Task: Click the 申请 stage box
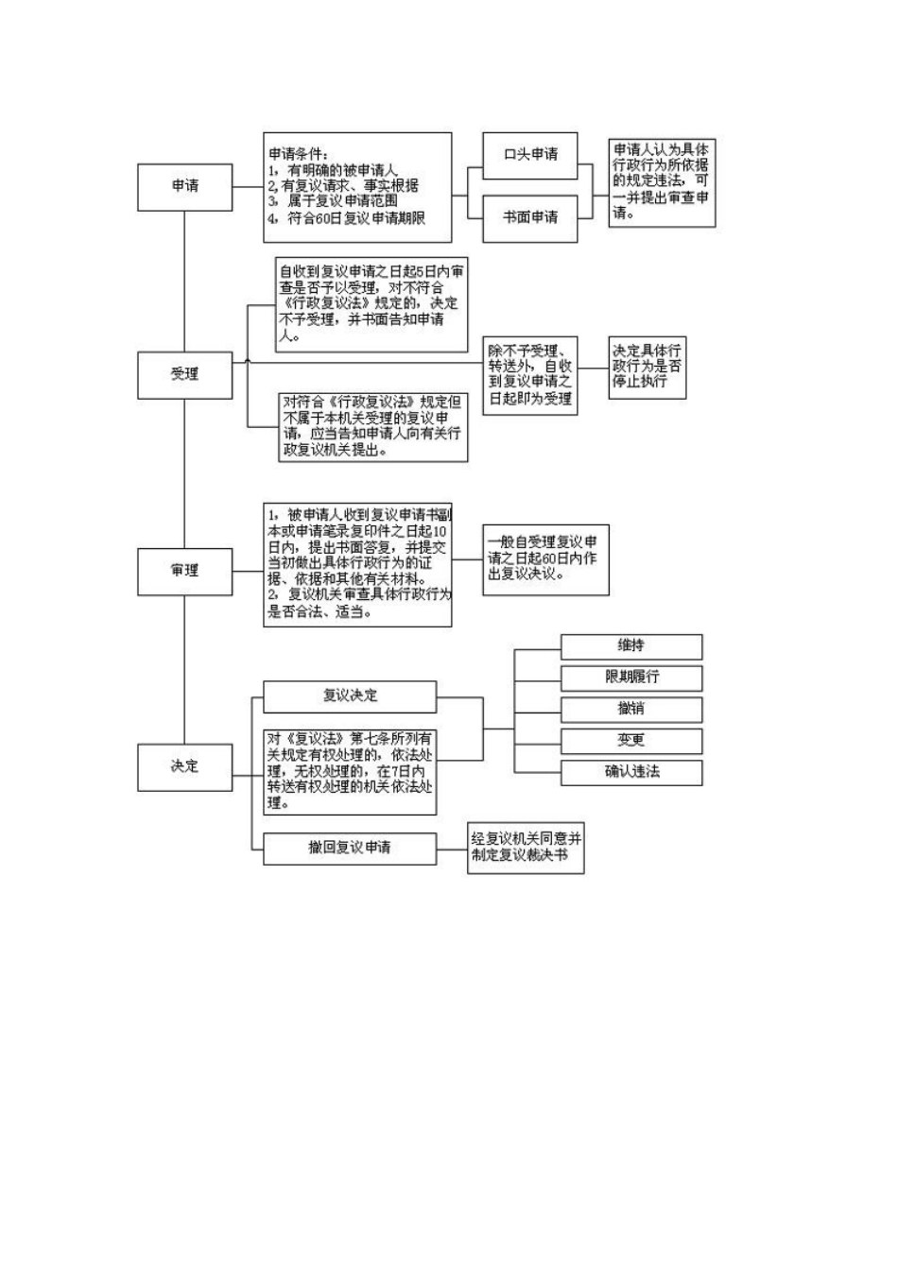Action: click(x=185, y=186)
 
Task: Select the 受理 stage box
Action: click(x=185, y=374)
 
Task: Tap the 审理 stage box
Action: click(x=185, y=571)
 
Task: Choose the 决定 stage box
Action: click(x=185, y=766)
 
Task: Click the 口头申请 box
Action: click(x=529, y=155)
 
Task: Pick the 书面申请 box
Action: click(x=529, y=218)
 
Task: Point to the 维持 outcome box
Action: click(x=630, y=646)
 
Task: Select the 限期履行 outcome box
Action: click(x=630, y=678)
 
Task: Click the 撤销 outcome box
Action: click(x=630, y=709)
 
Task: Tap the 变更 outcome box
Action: click(x=630, y=741)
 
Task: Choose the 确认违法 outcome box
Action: click(x=630, y=772)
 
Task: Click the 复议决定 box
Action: click(x=350, y=696)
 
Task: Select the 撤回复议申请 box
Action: click(x=350, y=848)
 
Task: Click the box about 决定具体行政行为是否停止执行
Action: click(x=647, y=367)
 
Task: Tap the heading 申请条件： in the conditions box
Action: click(x=299, y=154)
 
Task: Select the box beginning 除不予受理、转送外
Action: click(x=529, y=375)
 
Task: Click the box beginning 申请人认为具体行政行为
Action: click(x=661, y=182)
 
